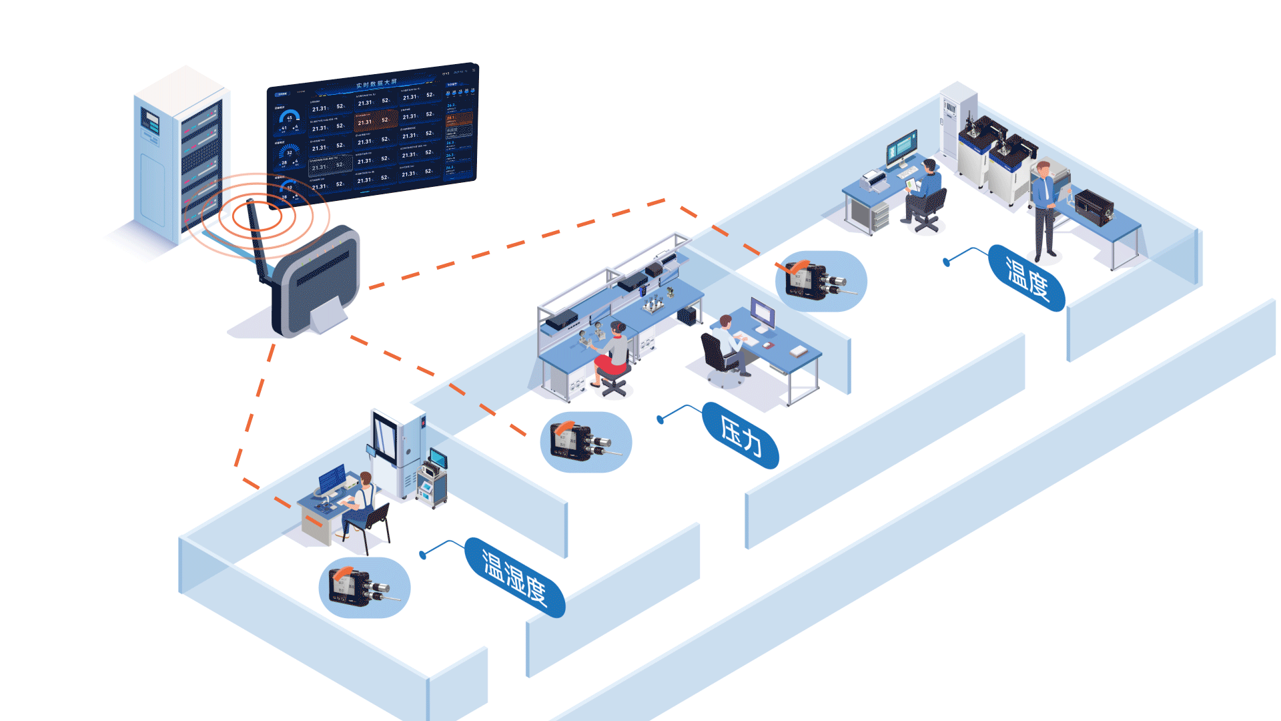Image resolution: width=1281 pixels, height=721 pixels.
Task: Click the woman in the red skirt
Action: tap(612, 357)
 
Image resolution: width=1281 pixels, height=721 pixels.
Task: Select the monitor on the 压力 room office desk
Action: tap(763, 313)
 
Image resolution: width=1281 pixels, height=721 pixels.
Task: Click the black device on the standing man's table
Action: tap(1094, 206)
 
